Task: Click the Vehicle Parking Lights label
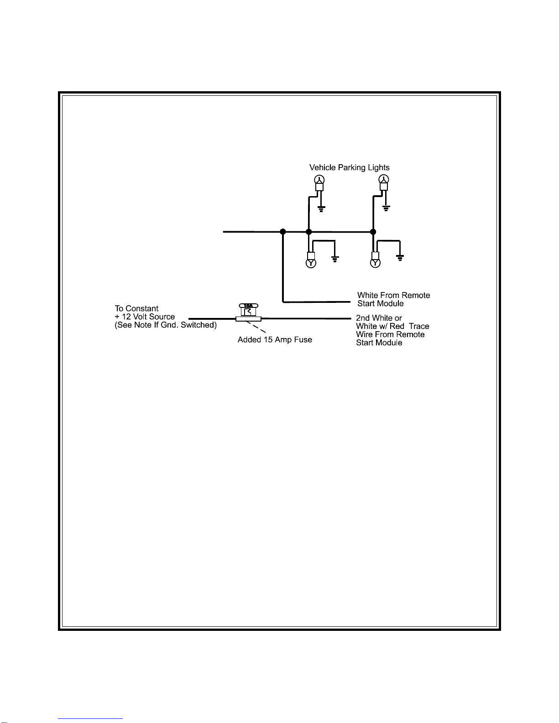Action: click(x=349, y=167)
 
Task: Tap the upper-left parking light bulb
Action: click(x=319, y=179)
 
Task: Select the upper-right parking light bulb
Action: click(x=384, y=179)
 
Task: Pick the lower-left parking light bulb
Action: click(x=311, y=263)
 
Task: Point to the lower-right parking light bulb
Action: click(x=375, y=263)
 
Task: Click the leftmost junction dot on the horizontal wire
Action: click(x=283, y=232)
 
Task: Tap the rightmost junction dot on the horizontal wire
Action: click(x=373, y=232)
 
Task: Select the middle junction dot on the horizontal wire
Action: click(x=308, y=232)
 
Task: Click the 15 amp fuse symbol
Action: click(x=248, y=313)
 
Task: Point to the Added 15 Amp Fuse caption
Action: click(x=275, y=340)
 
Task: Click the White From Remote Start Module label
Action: click(x=393, y=299)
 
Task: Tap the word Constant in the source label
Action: click(x=142, y=308)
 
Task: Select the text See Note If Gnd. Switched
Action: click(x=166, y=325)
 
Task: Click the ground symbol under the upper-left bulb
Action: click(x=321, y=209)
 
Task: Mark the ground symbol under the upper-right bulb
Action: click(x=386, y=209)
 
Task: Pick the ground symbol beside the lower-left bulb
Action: click(x=335, y=259)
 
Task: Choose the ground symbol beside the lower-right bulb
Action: click(x=400, y=259)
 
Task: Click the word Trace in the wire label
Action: click(x=419, y=326)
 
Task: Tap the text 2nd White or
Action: click(x=379, y=318)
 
